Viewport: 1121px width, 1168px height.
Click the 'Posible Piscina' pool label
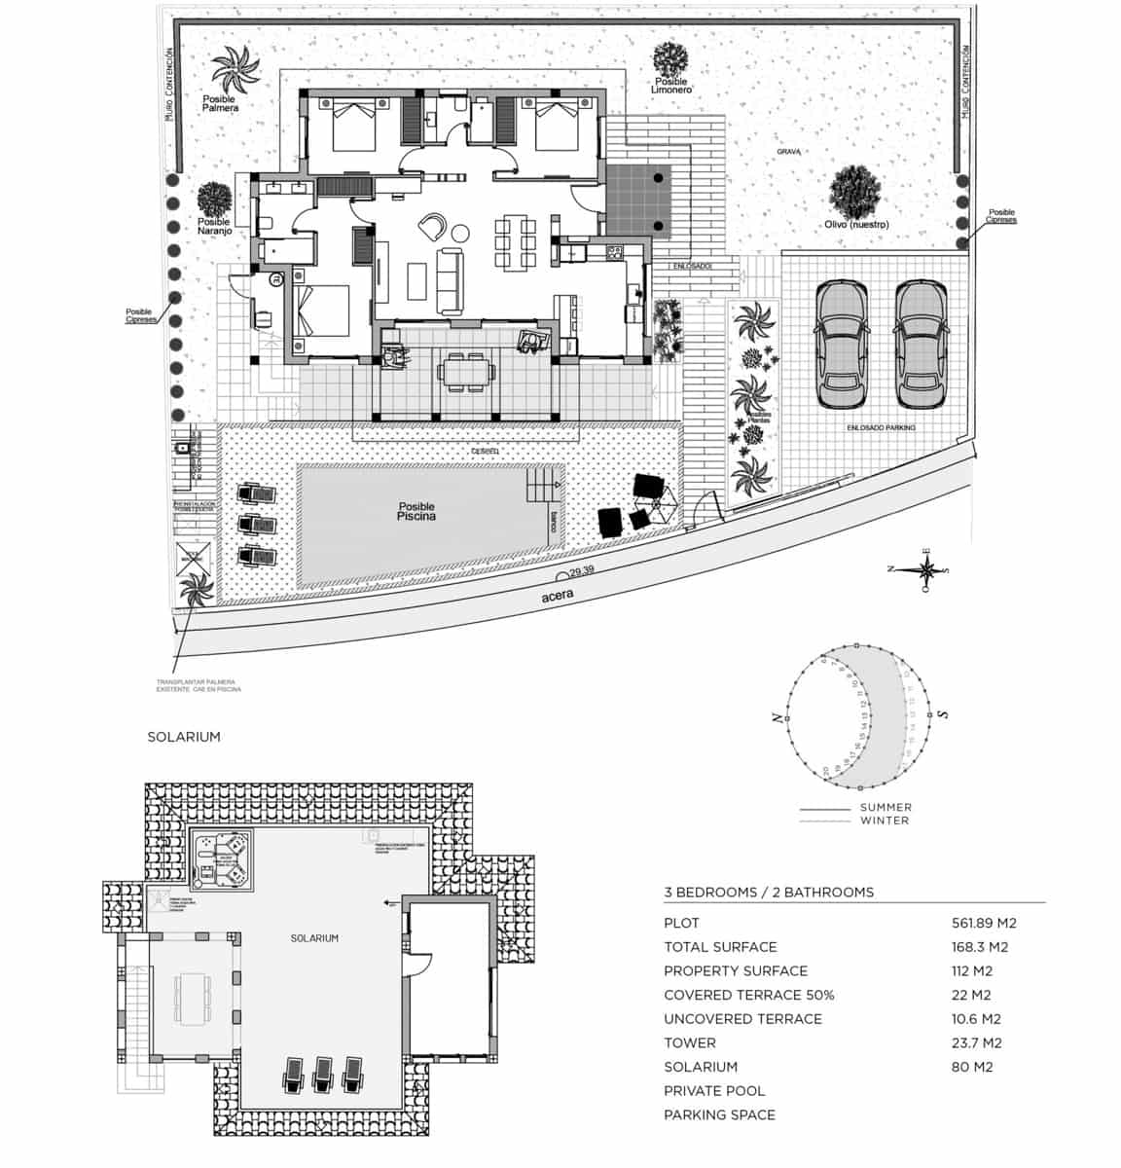[416, 512]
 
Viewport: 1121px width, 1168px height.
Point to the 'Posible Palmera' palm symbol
[236, 68]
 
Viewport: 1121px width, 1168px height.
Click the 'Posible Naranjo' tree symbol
[214, 201]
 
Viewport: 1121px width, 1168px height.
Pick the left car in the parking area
[841, 345]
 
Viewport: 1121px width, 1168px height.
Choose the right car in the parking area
[921, 345]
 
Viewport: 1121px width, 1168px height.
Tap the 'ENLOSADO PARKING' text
[881, 427]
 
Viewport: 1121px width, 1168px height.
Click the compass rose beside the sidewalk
[920, 571]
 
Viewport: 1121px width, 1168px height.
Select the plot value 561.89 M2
[983, 923]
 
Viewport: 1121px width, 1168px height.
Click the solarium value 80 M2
[971, 1067]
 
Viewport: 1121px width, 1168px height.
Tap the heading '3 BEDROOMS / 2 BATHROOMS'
[769, 892]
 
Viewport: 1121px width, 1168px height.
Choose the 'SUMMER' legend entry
[886, 807]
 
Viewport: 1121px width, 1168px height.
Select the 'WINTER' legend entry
[885, 821]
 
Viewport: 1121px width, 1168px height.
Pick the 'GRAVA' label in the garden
[788, 153]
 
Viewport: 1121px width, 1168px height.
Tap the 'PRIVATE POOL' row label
[714, 1091]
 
